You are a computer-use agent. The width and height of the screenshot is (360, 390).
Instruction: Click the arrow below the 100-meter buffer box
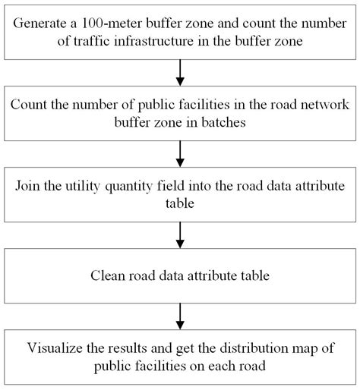click(x=180, y=72)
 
